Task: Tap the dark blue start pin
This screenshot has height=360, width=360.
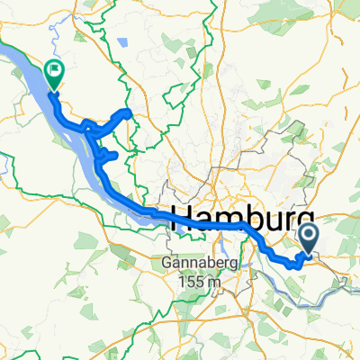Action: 308,238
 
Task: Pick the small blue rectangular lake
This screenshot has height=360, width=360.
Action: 121,42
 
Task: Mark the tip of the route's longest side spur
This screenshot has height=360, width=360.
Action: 129,112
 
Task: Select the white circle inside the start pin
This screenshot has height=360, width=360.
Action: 308,236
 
